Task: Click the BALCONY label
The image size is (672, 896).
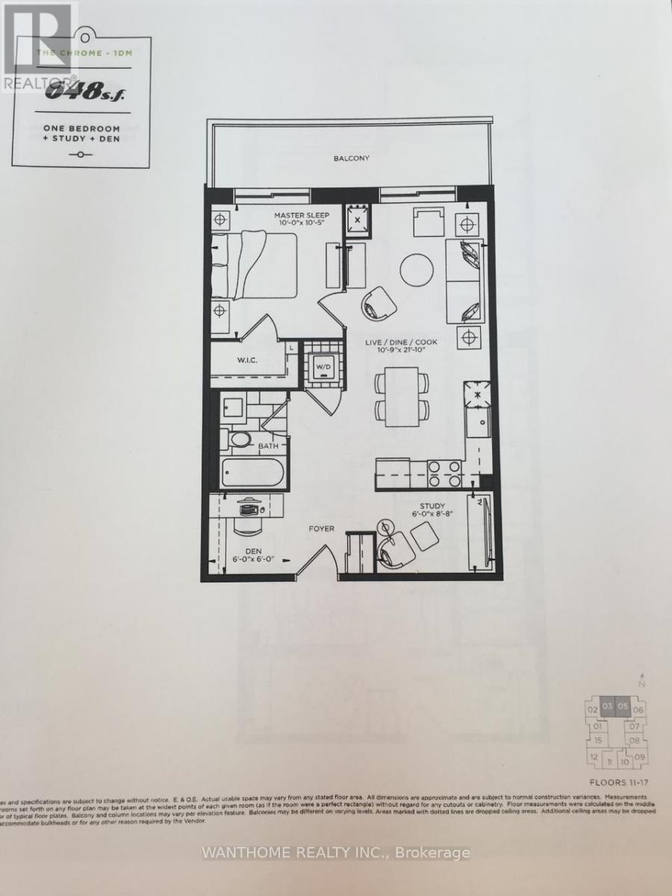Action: [352, 158]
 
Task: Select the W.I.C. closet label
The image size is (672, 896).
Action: [248, 360]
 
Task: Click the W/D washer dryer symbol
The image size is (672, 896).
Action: [323, 367]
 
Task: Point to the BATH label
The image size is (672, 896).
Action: [268, 447]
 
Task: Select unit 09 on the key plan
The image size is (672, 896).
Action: [639, 758]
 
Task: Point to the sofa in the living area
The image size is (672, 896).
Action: [464, 281]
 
